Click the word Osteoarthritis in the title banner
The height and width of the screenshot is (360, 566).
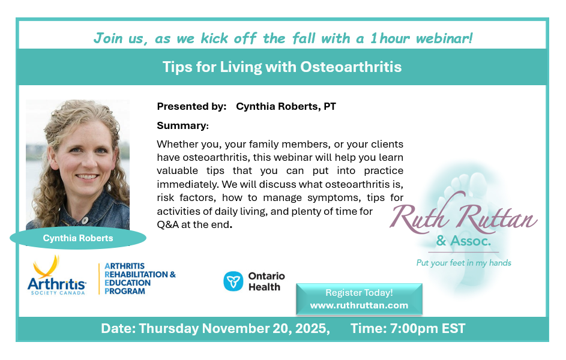[351, 67]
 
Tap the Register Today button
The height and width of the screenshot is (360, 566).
[359, 299]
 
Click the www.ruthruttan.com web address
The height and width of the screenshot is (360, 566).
[359, 305]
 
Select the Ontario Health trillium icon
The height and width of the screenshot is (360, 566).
[233, 281]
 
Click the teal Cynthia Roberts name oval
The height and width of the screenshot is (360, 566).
[78, 238]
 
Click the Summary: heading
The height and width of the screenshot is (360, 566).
[182, 125]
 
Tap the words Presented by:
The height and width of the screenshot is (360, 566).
[191, 106]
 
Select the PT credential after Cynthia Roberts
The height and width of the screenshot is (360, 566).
[330, 106]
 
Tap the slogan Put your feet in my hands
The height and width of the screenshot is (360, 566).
[464, 263]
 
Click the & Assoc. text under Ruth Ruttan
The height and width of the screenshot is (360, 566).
[464, 241]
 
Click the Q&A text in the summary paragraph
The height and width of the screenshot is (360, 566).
[168, 224]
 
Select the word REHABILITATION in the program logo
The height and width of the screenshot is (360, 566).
[136, 275]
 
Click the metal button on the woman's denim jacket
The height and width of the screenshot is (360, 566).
[85, 220]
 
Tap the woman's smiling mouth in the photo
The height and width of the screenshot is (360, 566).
[86, 176]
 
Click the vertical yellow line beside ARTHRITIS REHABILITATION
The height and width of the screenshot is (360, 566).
[99, 279]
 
